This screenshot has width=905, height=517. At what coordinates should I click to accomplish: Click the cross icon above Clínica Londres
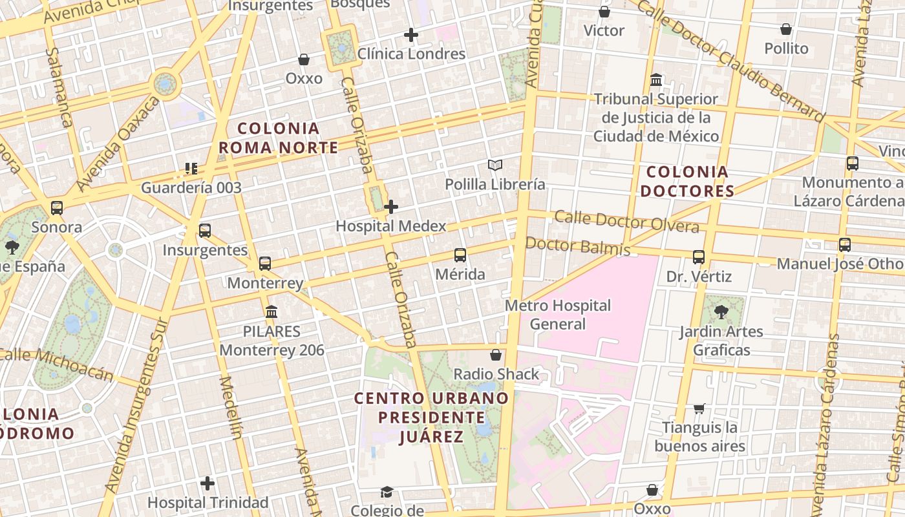[411, 35]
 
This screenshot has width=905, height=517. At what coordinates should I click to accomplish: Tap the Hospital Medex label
[391, 226]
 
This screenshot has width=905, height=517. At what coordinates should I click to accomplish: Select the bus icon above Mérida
[460, 255]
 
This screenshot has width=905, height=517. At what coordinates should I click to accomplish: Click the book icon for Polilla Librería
[495, 165]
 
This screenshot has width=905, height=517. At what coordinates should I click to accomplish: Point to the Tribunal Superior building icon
[656, 81]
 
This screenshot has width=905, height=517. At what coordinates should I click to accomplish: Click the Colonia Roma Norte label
[279, 138]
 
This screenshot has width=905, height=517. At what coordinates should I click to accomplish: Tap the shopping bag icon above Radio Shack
[496, 355]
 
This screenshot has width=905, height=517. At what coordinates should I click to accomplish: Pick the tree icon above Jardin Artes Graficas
[721, 313]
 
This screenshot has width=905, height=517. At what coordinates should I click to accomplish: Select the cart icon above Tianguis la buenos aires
[699, 408]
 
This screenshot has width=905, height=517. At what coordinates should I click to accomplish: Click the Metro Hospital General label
[558, 315]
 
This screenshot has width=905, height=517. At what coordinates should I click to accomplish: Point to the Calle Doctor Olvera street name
[626, 221]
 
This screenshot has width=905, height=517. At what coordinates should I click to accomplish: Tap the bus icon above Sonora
[57, 208]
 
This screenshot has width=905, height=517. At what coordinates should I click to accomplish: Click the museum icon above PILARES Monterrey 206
[271, 312]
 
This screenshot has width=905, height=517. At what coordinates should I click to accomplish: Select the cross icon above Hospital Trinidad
[208, 483]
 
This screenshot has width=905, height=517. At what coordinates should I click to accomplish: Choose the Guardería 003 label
[191, 188]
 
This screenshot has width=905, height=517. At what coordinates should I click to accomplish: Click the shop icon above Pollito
[786, 30]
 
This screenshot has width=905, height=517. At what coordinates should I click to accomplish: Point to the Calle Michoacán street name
[57, 364]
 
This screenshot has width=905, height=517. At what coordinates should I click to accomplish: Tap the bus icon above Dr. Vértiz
[699, 257]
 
